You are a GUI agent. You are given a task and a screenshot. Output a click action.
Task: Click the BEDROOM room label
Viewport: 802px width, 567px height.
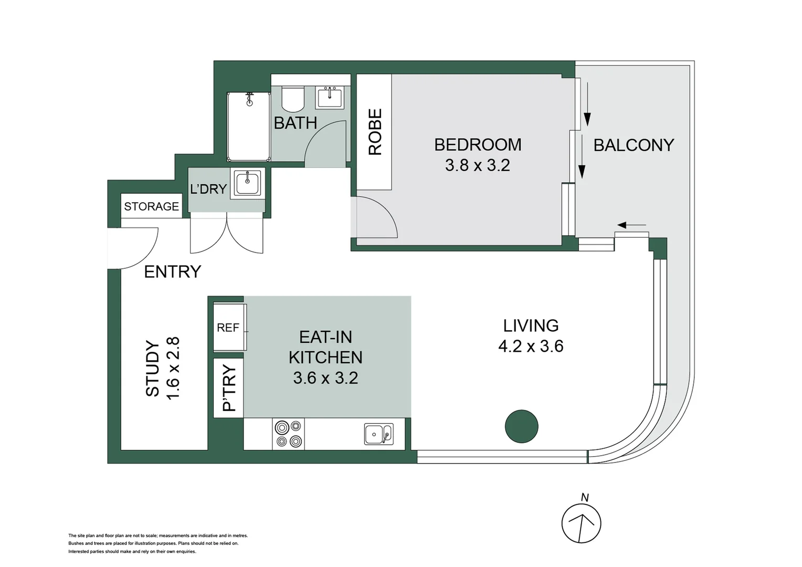478,145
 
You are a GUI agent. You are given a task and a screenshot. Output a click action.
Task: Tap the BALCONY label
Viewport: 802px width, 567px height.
634,145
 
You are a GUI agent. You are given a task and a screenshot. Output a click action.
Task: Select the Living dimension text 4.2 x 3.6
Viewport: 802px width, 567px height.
531,346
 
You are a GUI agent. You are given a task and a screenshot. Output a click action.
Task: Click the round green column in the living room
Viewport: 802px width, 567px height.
521,426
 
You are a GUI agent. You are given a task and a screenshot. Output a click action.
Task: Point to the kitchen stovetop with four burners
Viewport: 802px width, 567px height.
288,434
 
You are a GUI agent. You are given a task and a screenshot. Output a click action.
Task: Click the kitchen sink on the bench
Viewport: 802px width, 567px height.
378,434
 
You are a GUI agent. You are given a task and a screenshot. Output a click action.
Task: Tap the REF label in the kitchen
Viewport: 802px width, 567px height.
228,328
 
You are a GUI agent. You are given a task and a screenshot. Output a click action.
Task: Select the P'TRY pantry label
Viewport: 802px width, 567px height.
229,387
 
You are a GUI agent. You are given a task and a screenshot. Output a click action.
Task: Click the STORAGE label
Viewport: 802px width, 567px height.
152,206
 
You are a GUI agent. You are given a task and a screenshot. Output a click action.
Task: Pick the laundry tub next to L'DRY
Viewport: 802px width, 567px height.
247,183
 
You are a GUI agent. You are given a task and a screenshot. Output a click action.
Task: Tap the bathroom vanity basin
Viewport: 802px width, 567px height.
329,97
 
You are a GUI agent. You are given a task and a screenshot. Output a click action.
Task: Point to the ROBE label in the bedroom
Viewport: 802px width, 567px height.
375,132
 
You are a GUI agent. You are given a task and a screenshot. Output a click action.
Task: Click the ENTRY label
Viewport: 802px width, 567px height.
173,272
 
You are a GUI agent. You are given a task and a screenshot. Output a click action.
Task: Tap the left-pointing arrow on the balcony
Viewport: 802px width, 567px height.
631,225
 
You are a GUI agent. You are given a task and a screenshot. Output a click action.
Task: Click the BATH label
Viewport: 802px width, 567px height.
296,123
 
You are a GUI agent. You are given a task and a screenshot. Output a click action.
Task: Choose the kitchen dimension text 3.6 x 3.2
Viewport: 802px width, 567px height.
325,378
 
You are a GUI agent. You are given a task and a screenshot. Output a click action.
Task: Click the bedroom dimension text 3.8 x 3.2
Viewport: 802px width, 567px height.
478,165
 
